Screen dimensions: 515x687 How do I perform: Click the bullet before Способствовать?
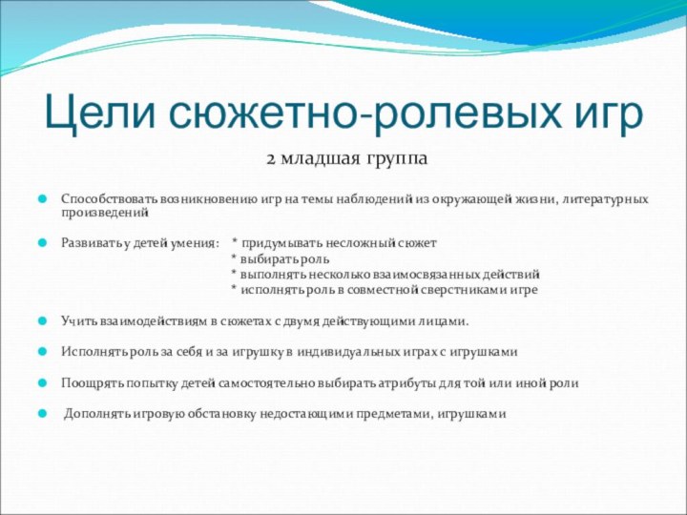click(x=42, y=199)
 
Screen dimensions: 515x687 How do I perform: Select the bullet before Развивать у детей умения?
click(x=42, y=243)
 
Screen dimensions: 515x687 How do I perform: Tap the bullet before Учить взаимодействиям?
click(x=42, y=321)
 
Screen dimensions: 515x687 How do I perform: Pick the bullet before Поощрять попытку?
click(x=42, y=382)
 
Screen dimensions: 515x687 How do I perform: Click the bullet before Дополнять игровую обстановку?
click(x=42, y=414)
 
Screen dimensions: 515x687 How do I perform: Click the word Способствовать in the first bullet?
click(x=110, y=198)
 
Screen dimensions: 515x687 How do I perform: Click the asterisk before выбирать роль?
click(x=235, y=258)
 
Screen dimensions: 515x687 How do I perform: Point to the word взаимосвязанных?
click(x=432, y=274)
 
